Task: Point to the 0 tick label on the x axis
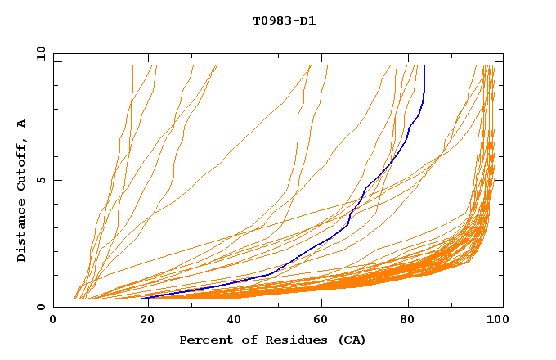pos(53,321)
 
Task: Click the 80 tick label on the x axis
pos(407,321)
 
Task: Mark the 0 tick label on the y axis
pos(39,307)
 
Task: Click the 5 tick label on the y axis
pos(39,180)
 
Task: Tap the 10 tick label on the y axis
pos(38,53)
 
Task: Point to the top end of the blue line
pos(424,66)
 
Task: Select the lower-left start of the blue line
pos(143,299)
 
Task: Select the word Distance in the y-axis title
pos(21,233)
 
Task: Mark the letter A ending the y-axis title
pos(21,124)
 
